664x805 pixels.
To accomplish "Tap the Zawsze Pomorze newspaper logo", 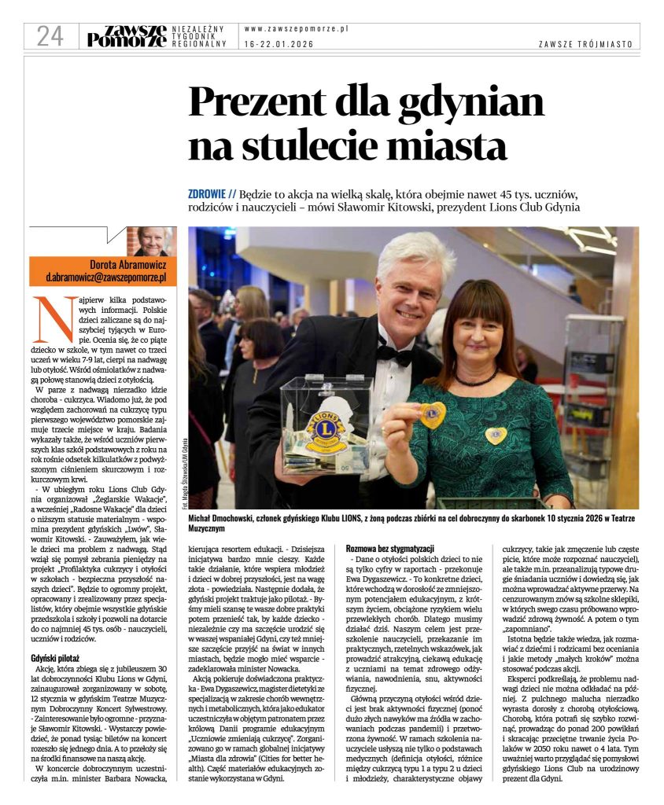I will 126,36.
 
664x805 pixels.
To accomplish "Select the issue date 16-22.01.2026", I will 279,44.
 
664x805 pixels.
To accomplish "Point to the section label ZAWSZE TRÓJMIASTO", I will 585,45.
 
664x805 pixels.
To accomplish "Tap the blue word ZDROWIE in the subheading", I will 212,193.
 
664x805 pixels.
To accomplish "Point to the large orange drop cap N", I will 50,316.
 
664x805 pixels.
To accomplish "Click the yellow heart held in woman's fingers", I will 432,414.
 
